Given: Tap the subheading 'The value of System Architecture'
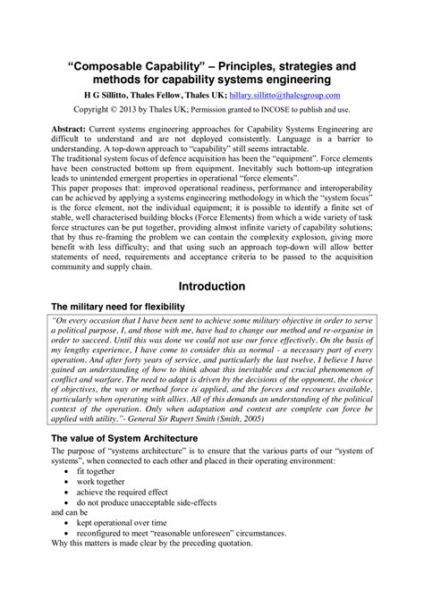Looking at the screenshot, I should [123, 464].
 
